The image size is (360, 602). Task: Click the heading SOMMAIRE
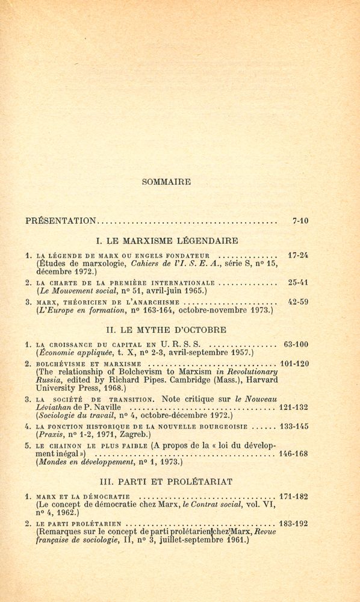point(166,182)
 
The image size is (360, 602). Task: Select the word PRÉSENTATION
point(61,221)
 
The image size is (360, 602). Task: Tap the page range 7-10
point(300,221)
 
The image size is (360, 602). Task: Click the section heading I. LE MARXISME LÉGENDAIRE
point(167,241)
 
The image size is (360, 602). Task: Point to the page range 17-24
point(297,255)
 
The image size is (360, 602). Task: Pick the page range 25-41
point(297,282)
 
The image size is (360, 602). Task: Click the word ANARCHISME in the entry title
point(152,302)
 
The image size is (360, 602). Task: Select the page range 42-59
point(297,302)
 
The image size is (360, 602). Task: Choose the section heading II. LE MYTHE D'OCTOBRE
point(166,330)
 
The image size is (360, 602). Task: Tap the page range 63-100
point(295,344)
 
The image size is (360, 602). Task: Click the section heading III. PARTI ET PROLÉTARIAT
point(166,482)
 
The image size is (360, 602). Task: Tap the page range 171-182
point(293,497)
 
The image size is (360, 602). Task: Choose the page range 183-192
point(293,524)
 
